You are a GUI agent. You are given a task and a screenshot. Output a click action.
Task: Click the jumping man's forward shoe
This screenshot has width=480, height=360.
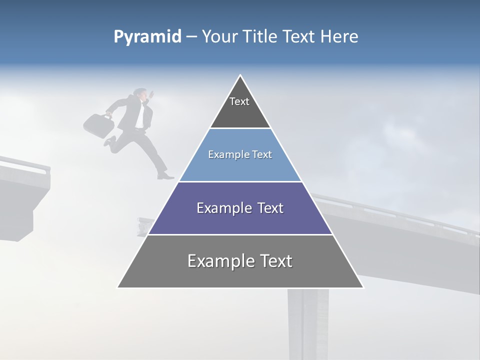coord(165,176)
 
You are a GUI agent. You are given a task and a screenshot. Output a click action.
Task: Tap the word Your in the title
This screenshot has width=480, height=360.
coord(218,36)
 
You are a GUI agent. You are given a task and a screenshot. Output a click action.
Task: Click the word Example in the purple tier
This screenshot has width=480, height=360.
coord(220,208)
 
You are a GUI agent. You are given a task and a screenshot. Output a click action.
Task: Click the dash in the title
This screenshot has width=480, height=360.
coord(191,37)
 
